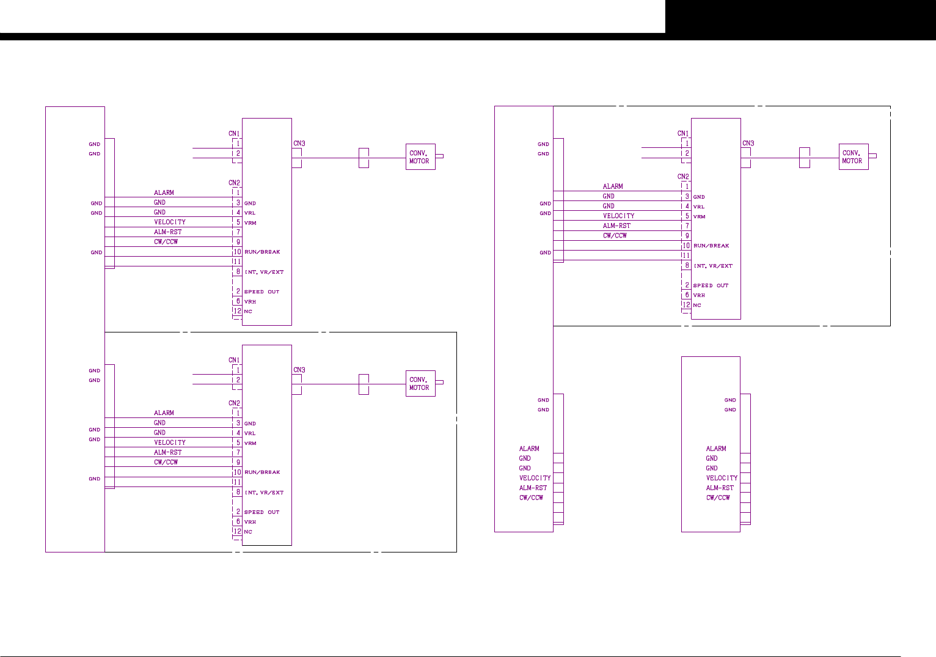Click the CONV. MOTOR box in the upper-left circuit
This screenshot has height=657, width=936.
[x=420, y=157]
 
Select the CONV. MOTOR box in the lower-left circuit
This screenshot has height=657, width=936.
[x=420, y=384]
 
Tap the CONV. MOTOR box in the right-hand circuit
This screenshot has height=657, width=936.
[x=853, y=157]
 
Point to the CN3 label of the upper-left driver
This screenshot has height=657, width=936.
[x=299, y=144]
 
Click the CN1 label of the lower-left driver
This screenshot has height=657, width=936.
[x=234, y=360]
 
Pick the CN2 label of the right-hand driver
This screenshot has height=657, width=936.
[x=683, y=177]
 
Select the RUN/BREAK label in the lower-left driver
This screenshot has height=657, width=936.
[x=262, y=472]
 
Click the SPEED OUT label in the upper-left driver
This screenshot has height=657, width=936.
[x=261, y=292]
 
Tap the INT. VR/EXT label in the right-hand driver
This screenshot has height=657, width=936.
[x=713, y=266]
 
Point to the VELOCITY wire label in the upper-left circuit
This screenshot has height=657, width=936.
[x=170, y=222]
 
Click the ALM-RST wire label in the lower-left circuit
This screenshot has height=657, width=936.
[x=168, y=452]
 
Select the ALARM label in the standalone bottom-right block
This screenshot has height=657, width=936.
[x=716, y=449]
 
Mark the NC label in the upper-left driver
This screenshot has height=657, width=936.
[x=248, y=312]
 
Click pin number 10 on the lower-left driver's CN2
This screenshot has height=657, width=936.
[x=237, y=472]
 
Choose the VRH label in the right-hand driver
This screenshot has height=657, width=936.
[x=699, y=295]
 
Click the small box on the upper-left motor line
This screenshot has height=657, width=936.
[x=364, y=158]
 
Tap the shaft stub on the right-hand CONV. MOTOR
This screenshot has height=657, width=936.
[x=872, y=156]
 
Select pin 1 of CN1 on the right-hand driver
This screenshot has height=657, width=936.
[x=687, y=143]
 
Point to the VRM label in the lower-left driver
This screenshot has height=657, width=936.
[x=250, y=443]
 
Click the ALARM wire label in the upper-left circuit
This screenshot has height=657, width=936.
[x=164, y=193]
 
